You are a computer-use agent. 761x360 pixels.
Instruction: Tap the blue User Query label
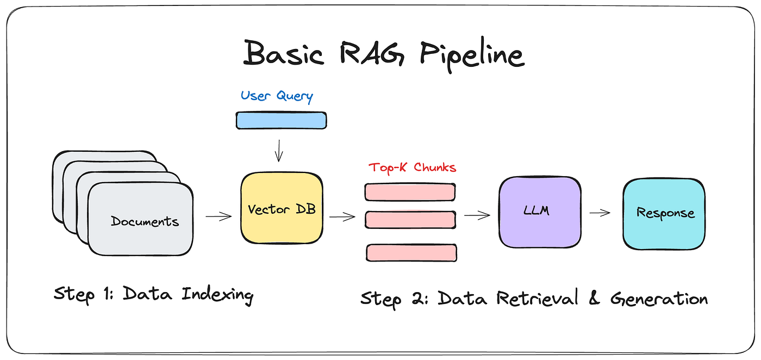click(x=277, y=96)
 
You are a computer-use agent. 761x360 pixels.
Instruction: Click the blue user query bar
click(x=281, y=120)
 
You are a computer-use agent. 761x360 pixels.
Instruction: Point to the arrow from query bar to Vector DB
click(x=279, y=150)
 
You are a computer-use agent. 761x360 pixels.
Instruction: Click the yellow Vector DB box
click(x=281, y=209)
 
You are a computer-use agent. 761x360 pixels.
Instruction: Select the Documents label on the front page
click(x=145, y=221)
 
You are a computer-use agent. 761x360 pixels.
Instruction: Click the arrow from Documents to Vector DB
click(x=219, y=216)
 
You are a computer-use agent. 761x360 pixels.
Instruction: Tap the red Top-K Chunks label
click(x=413, y=167)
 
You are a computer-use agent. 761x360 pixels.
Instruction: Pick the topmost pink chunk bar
click(x=410, y=192)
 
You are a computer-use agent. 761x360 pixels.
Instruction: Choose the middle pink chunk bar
click(x=410, y=219)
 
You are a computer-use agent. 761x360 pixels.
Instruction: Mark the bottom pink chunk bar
click(x=411, y=252)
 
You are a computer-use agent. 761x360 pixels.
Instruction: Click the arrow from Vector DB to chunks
click(x=342, y=217)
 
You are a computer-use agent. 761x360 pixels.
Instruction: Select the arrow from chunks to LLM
click(x=477, y=216)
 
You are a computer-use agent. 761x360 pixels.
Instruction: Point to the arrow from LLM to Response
click(x=600, y=213)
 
